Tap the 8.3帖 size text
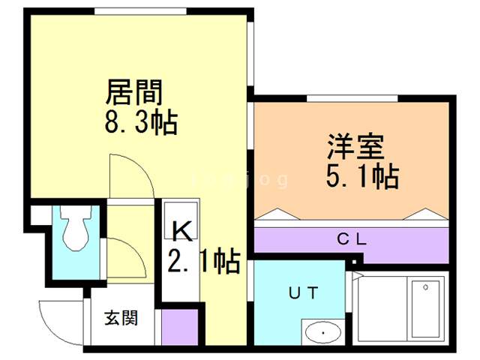pos(141,121)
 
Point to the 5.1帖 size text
pos(361,176)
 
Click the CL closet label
pos(350,240)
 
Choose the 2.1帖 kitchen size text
pos(202,261)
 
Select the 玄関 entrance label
pos(121,318)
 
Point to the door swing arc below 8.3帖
pos(129,174)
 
